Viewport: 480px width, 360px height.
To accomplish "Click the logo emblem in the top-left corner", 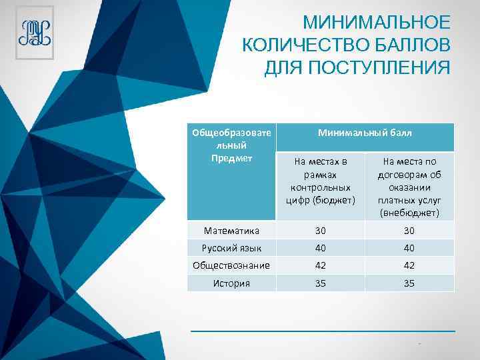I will point(35,34).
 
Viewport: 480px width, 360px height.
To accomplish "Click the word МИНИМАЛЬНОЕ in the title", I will point(377,23).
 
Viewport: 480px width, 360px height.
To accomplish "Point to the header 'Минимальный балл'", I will point(365,133).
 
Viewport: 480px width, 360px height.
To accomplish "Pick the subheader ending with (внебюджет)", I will point(409,187).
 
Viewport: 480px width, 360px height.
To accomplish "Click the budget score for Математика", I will point(320,231).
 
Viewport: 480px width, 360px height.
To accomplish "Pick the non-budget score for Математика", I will point(409,231).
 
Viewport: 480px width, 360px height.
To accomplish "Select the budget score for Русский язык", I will point(320,248).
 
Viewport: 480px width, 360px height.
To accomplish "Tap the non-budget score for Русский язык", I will point(409,248).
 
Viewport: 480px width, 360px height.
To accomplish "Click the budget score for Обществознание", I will point(320,265).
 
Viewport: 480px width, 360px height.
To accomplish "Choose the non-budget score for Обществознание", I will point(409,265).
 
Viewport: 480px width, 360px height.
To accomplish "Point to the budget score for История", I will point(320,283).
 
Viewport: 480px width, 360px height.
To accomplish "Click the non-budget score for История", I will point(409,283).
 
